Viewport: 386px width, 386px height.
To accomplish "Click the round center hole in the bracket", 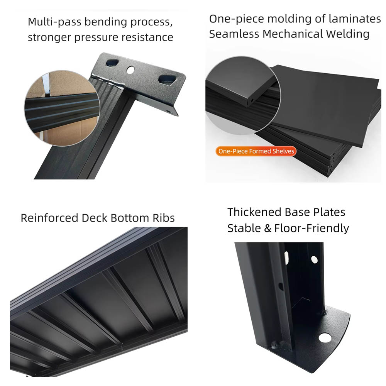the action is pyautogui.click(x=130, y=69).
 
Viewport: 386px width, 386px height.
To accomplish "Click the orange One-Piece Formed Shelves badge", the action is pyautogui.click(x=256, y=151).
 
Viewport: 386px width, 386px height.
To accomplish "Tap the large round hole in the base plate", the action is pyautogui.click(x=325, y=337).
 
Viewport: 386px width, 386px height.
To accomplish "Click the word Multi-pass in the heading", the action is pyautogui.click(x=54, y=22).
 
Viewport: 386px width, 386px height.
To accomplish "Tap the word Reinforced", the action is pyautogui.click(x=49, y=218).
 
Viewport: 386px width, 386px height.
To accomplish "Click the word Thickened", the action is pyautogui.click(x=254, y=212).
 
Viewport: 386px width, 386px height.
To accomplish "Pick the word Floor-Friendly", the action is pyautogui.click(x=312, y=228).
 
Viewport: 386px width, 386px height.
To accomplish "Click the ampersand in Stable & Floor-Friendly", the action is pyautogui.click(x=267, y=228).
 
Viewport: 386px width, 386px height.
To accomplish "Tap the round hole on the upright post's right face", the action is pyautogui.click(x=314, y=259).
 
